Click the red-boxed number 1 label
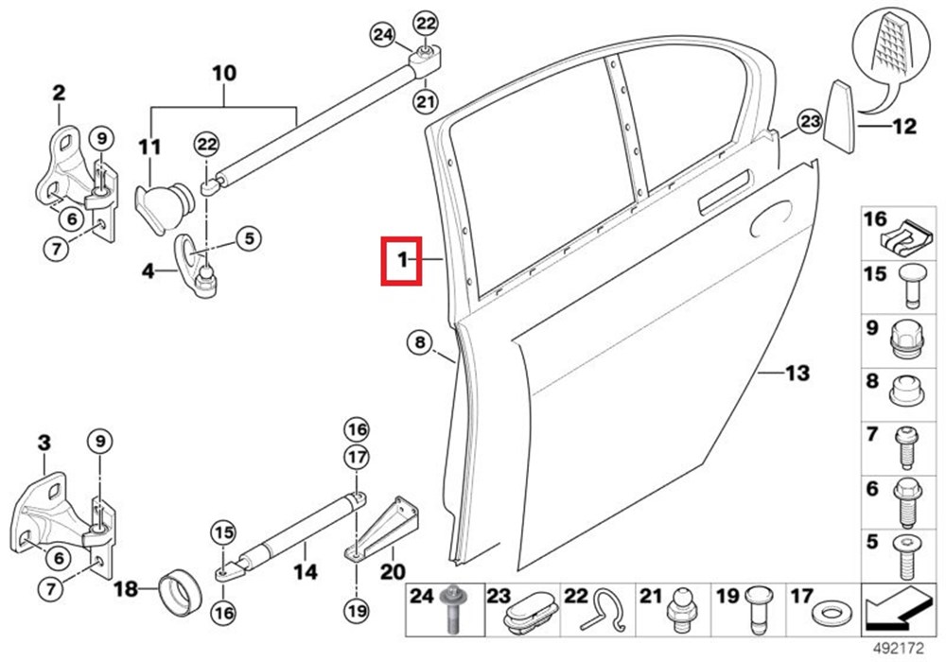click(402, 261)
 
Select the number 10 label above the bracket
click(224, 74)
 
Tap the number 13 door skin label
click(797, 374)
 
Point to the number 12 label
click(904, 126)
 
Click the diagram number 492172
click(899, 649)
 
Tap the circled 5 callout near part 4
click(249, 238)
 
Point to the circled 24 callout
click(382, 34)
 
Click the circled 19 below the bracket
click(356, 611)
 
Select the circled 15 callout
click(223, 533)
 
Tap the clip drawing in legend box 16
click(901, 238)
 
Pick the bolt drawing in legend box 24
click(450, 609)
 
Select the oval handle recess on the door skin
click(770, 218)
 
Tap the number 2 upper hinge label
click(59, 93)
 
